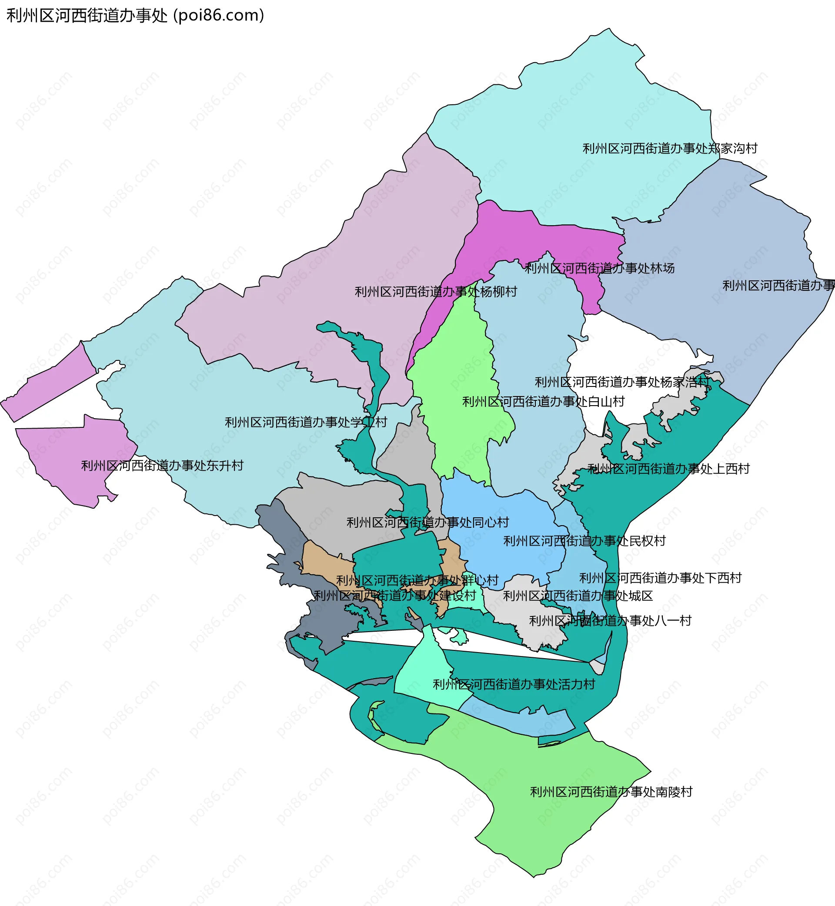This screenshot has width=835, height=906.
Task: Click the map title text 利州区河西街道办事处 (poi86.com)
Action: click(135, 15)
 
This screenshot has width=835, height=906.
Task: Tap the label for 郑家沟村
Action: click(670, 149)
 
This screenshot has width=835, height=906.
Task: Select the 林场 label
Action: click(599, 268)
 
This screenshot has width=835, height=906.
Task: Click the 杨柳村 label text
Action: click(436, 292)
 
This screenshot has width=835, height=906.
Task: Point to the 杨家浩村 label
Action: click(622, 382)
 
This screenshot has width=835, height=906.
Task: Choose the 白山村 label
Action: click(543, 402)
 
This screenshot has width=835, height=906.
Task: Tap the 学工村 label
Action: click(306, 422)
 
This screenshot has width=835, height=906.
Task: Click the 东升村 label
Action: click(162, 466)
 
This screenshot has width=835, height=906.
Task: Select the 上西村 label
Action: click(668, 469)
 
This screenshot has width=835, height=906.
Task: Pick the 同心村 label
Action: click(428, 523)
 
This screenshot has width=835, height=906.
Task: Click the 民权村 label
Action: click(584, 541)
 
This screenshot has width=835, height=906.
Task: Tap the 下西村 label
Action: click(660, 578)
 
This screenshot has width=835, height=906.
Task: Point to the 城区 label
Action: click(578, 596)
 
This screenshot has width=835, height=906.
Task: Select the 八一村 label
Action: click(610, 621)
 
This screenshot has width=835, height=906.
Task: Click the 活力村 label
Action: click(514, 684)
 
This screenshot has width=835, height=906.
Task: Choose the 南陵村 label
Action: click(611, 792)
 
